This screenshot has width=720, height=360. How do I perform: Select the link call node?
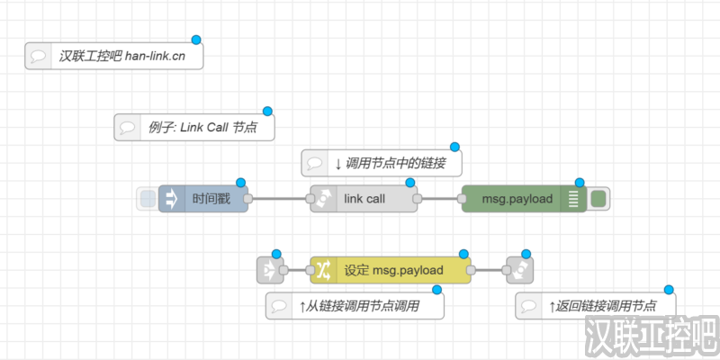pyautogui.click(x=364, y=199)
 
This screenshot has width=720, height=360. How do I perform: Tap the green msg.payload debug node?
pyautogui.click(x=517, y=199)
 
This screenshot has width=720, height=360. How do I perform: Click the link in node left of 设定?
pyautogui.click(x=270, y=269)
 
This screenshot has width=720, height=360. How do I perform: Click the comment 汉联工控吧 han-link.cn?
pyautogui.click(x=113, y=55)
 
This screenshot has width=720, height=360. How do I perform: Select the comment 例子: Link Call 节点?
pyautogui.click(x=193, y=127)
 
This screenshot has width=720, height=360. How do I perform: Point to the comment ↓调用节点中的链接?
pyautogui.click(x=381, y=163)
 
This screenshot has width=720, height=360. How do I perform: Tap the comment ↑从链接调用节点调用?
pyautogui.click(x=355, y=306)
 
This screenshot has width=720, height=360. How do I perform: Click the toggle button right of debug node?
pyautogui.click(x=599, y=199)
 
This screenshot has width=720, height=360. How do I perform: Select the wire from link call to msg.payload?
pyautogui.click(x=438, y=199)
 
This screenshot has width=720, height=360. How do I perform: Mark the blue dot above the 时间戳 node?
pyautogui.click(x=240, y=182)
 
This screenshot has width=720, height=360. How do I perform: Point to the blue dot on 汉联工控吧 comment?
pyautogui.click(x=196, y=40)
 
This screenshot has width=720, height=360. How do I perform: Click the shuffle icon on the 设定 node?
pyautogui.click(x=324, y=269)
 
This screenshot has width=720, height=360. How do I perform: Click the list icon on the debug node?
pyautogui.click(x=573, y=199)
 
